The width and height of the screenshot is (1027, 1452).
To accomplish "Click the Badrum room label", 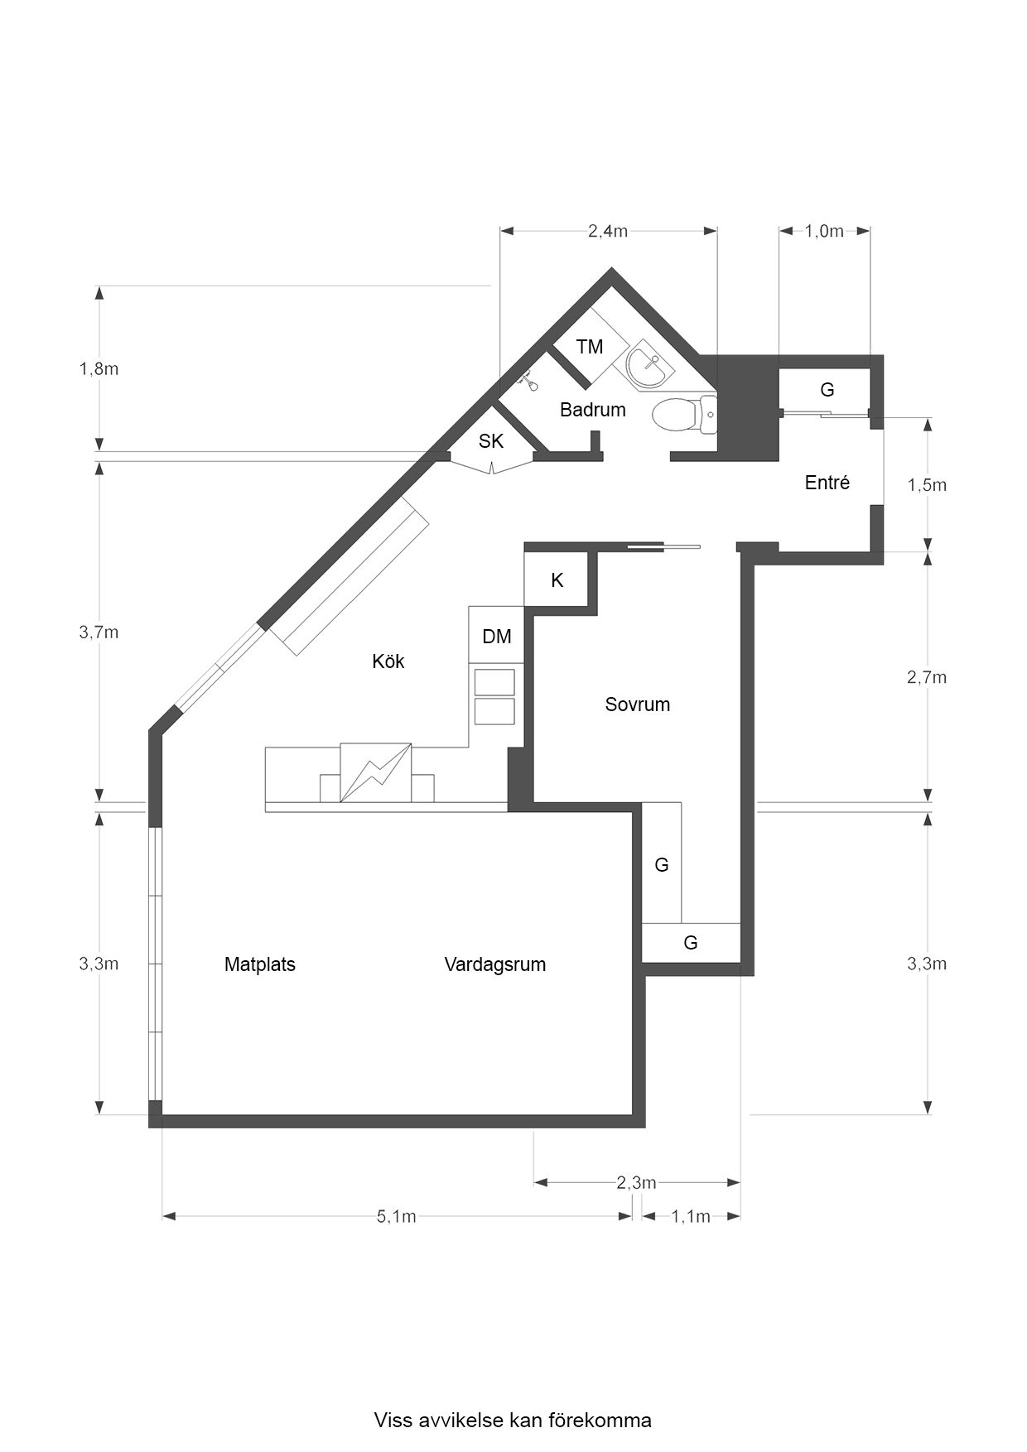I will [592, 410].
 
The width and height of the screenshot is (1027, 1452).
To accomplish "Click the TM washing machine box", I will [590, 347].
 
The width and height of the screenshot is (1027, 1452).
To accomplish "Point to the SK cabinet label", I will [491, 441].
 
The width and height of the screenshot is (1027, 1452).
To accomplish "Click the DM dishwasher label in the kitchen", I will [497, 637].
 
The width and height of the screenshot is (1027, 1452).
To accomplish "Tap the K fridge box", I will [557, 580].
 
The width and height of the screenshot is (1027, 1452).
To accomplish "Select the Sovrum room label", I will [637, 704].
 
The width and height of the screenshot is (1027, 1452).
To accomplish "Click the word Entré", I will [827, 483].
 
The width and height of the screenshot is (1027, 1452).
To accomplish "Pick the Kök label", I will [388, 661].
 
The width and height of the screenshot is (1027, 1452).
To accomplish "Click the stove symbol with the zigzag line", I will [376, 773].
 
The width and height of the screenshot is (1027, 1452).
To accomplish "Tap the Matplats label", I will [259, 964].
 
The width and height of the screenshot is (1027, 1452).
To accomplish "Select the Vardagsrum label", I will [494, 964].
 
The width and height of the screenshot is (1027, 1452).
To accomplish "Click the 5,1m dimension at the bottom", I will [396, 1216].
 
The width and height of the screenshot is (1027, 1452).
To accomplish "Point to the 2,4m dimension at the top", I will [607, 231].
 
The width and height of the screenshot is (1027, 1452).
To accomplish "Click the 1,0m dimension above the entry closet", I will [823, 231].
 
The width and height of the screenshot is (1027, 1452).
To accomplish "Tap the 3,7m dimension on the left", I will [99, 632].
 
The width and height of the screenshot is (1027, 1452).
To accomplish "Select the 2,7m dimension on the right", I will [927, 677].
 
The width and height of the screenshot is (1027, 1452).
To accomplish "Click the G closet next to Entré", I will [827, 389].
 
